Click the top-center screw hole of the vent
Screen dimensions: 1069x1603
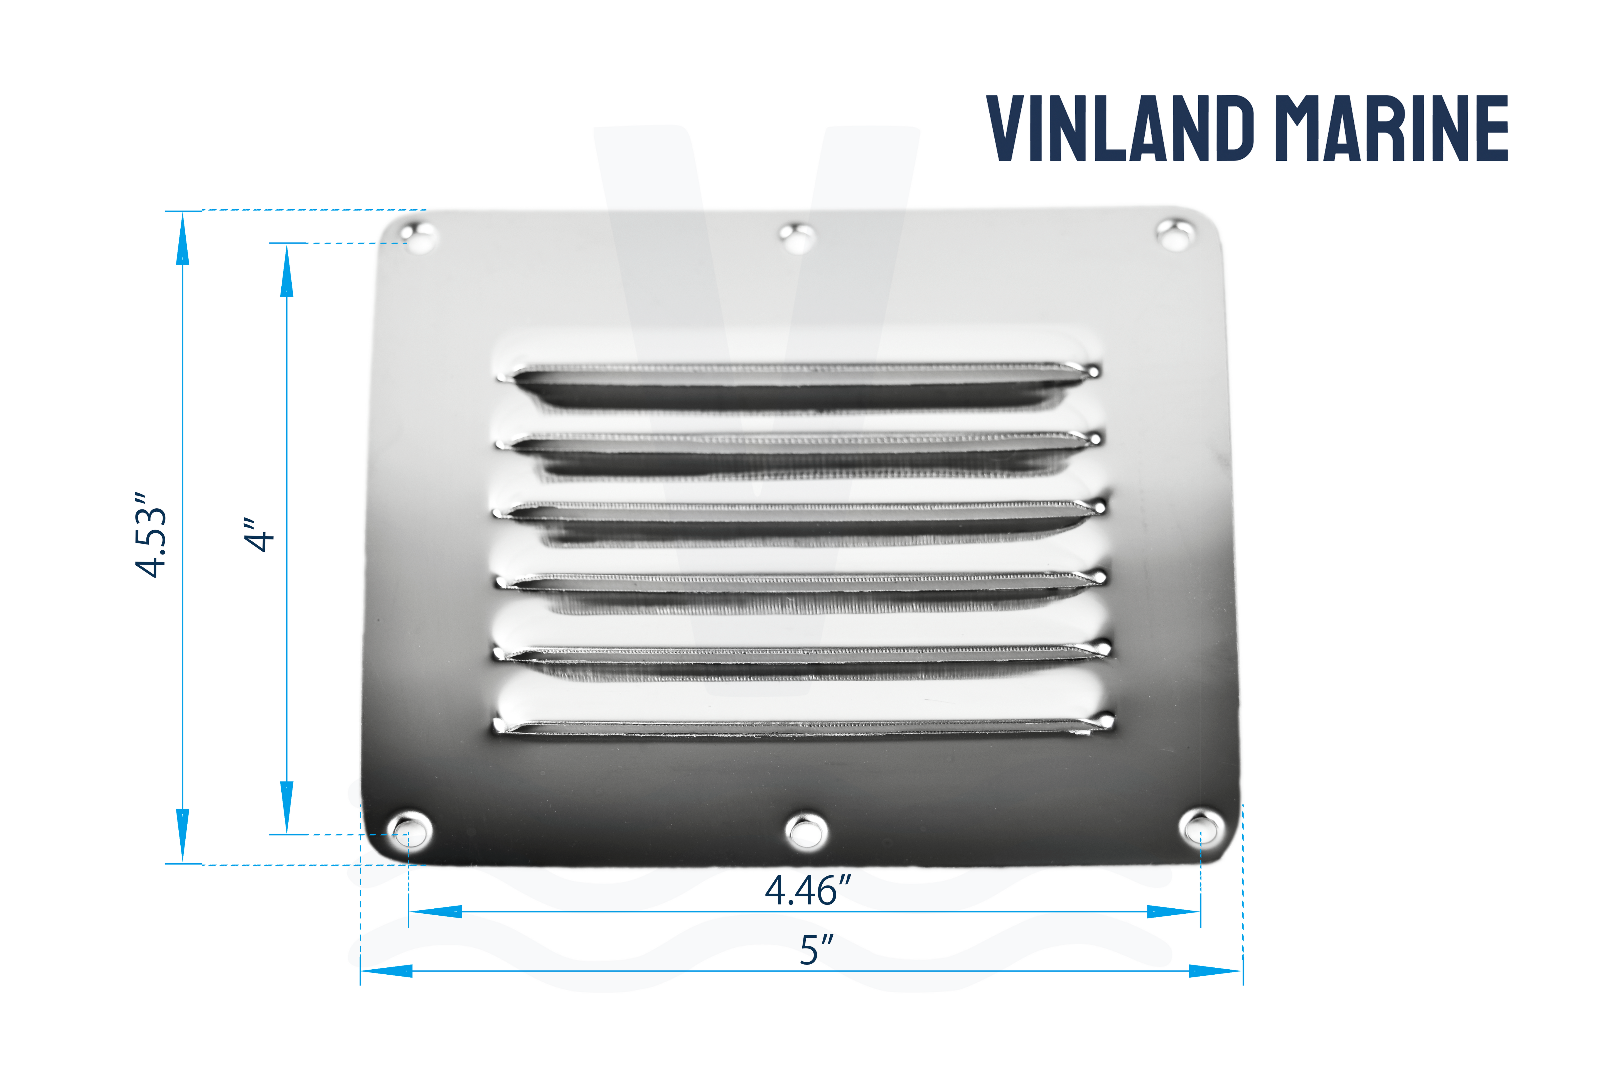point(796,238)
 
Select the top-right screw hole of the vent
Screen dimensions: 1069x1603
point(1175,234)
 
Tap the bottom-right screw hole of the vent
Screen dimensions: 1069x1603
point(1201,829)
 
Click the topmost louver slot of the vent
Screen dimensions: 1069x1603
point(797,385)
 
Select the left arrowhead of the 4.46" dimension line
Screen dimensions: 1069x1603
point(436,911)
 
